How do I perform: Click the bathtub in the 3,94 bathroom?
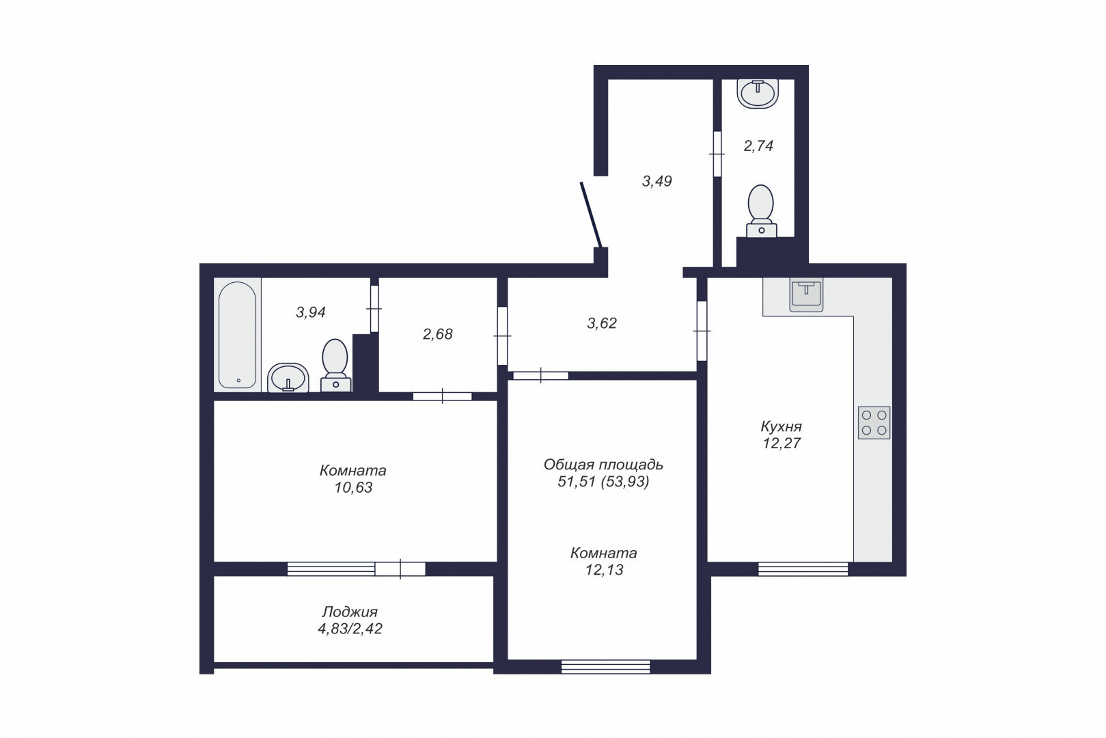238,335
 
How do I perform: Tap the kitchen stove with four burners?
874,423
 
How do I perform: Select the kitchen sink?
806,295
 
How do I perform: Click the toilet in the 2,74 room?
761,211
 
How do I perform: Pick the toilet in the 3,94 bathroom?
335,366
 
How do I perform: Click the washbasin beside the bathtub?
288,378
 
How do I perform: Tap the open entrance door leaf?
590,215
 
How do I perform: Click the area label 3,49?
656,181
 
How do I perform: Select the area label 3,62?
602,323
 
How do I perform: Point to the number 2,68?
437,334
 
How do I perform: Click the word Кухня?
781,426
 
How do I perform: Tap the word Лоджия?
350,612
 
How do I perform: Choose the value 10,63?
354,487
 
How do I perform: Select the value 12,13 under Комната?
605,569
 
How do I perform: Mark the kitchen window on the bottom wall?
803,569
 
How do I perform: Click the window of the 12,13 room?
606,667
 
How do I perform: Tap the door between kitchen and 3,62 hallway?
702,331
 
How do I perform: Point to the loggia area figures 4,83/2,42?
350,629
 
